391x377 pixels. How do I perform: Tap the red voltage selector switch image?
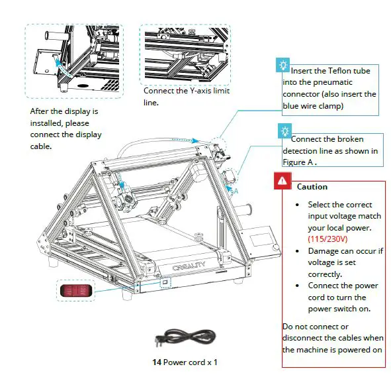[73, 291]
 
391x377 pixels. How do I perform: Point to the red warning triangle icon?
[282, 180]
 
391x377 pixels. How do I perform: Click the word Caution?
[312, 187]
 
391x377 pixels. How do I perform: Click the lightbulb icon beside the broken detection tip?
[283, 131]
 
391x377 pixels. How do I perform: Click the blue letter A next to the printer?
[235, 189]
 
